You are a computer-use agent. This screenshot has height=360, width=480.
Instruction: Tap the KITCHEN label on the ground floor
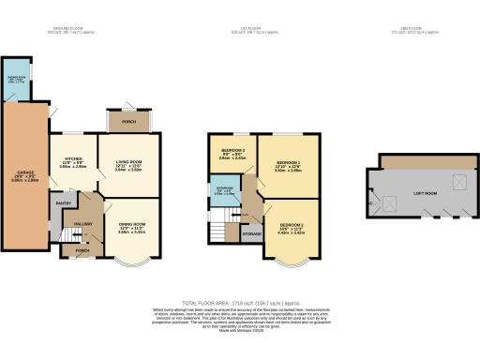point(73,159)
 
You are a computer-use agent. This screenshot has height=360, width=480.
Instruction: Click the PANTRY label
point(65,202)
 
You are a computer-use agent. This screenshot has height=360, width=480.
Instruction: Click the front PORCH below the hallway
point(82,250)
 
